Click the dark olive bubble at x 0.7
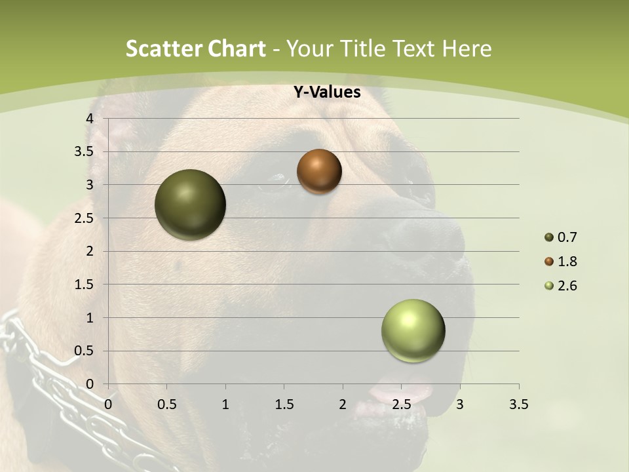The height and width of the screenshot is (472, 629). pos(190,205)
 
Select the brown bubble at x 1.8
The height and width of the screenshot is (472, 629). pos(319,171)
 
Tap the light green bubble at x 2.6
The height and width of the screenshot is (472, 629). pos(413,330)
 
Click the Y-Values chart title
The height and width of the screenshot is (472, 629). pos(327,92)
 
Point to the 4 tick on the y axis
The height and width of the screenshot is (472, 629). pos(90,119)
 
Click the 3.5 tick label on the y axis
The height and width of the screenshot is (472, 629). pos(85,151)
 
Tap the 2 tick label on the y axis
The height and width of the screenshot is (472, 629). pos(90,251)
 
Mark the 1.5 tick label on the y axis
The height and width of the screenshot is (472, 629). pos(85,285)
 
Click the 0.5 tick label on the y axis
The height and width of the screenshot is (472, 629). pos(85,351)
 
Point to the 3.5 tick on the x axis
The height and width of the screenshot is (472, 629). pos(518,404)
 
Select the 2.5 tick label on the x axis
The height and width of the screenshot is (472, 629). pos(401,404)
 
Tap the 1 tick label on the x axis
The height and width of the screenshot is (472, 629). pos(225,404)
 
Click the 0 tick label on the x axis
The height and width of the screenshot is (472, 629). pos(108,404)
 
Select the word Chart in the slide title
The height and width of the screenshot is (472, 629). pos(236,49)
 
